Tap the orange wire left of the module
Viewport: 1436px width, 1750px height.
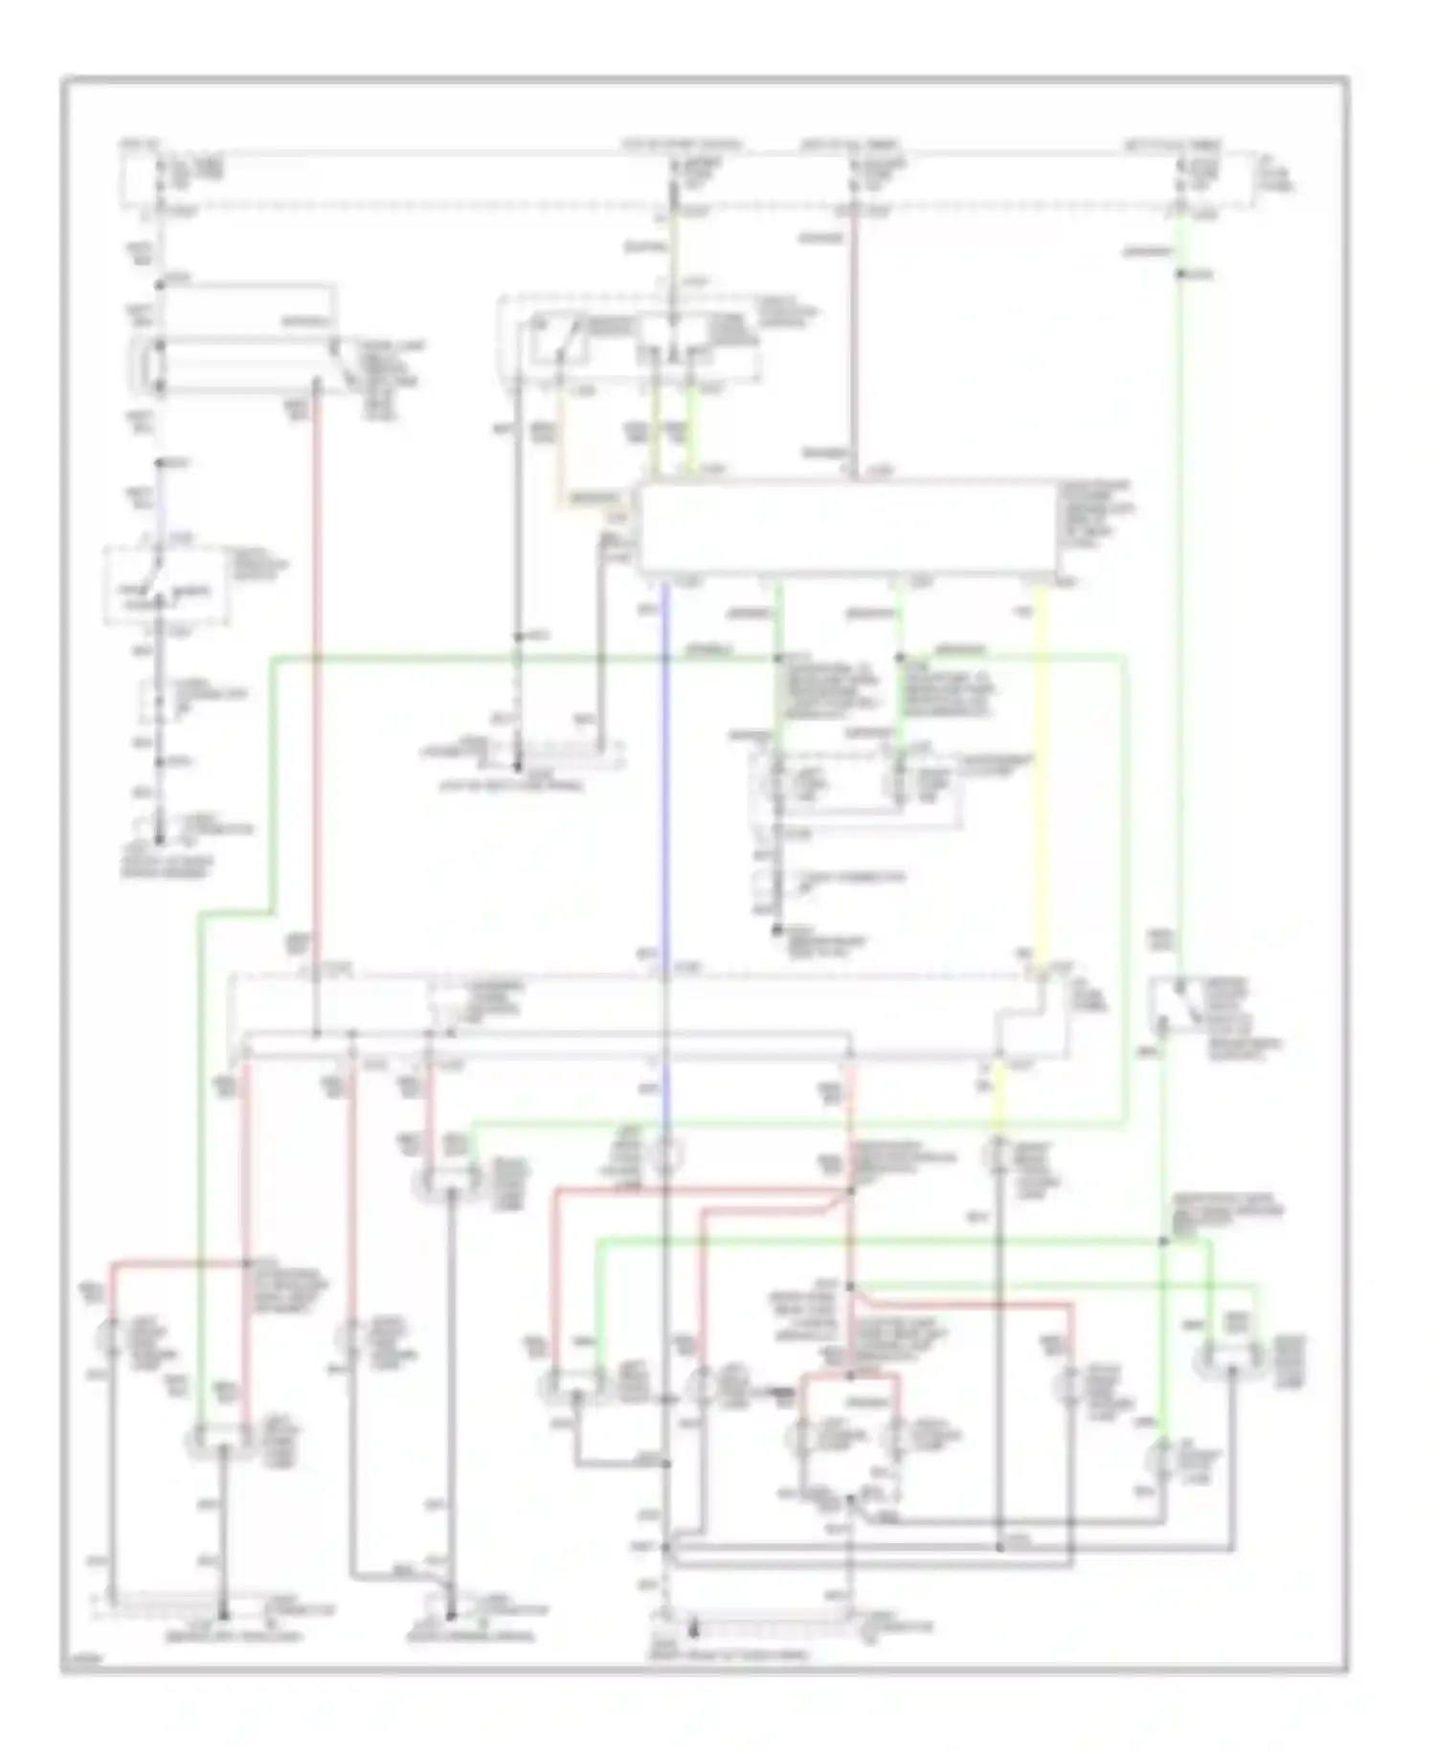tap(560, 450)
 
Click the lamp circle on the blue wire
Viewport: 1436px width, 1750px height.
tap(665, 1159)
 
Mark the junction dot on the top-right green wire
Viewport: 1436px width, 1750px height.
tap(1182, 275)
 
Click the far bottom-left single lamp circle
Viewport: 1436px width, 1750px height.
tap(114, 1340)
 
